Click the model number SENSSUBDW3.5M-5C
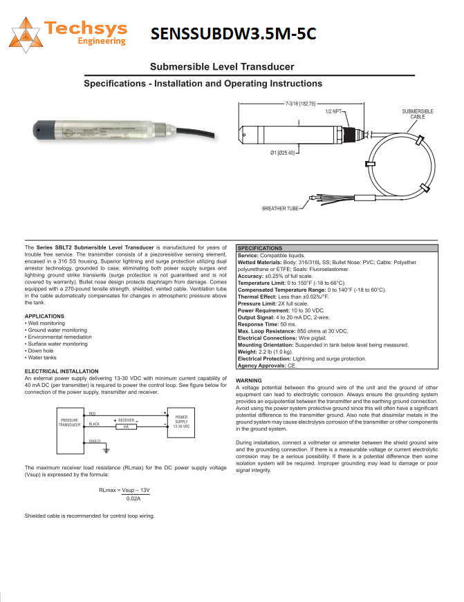(233, 34)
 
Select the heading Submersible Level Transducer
(222, 67)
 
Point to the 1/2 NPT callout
(334, 111)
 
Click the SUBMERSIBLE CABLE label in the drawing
(418, 114)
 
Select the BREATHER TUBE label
(281, 208)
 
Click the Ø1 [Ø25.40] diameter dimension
(283, 153)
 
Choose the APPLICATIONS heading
(44, 316)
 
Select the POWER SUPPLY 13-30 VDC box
(181, 422)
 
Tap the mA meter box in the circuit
(126, 427)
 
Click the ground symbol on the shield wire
(105, 450)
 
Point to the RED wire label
(93, 413)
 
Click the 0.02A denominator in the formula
(133, 498)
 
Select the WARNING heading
(248, 381)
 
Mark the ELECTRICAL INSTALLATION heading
(62, 371)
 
